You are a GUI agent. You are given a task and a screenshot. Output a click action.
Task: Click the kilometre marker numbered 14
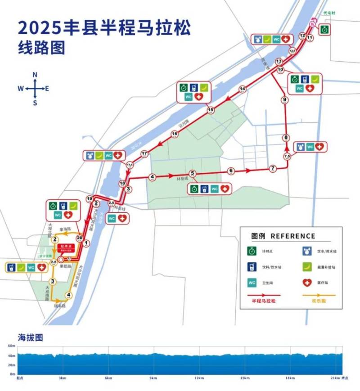243,89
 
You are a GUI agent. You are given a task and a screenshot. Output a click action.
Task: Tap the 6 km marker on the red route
231,171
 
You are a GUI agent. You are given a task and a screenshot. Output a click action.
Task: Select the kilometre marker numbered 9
284,100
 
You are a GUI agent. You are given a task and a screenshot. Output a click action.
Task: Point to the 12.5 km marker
292,51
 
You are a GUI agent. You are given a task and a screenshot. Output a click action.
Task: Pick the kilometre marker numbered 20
80,238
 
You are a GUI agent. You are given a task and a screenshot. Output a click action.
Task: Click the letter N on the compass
35,75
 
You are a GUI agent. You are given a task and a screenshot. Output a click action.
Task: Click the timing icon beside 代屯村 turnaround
324,30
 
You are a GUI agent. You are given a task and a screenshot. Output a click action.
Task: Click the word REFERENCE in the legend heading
293,236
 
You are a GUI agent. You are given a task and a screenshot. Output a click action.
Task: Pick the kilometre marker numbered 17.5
130,165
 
